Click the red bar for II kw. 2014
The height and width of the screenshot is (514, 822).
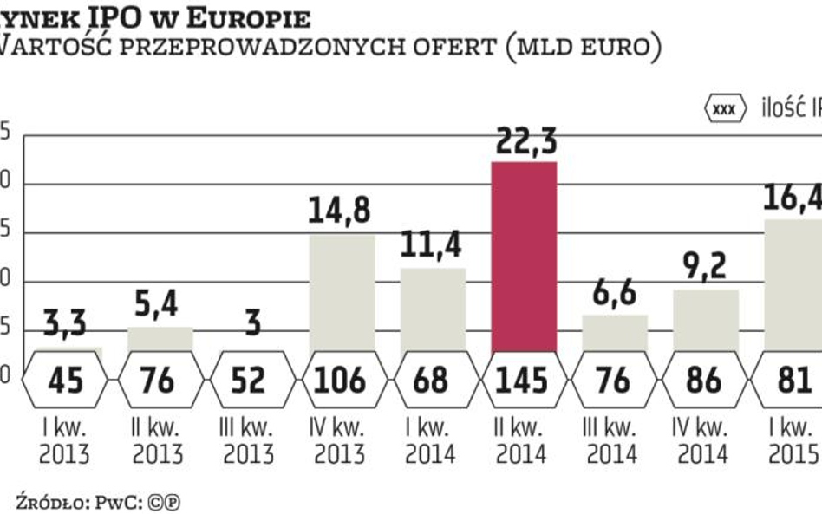click(x=523, y=256)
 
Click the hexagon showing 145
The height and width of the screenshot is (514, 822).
click(x=523, y=380)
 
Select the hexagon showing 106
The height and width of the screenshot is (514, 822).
click(x=340, y=380)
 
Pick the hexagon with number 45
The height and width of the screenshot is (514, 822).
click(x=66, y=380)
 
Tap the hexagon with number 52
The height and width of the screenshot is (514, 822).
click(x=248, y=380)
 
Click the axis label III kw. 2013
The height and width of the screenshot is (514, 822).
click(x=248, y=440)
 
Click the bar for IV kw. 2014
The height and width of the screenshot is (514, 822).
click(x=706, y=320)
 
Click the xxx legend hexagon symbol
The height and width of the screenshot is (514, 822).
click(x=723, y=108)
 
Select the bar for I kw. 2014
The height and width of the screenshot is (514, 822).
click(x=433, y=309)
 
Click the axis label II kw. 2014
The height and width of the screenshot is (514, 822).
click(x=523, y=440)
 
